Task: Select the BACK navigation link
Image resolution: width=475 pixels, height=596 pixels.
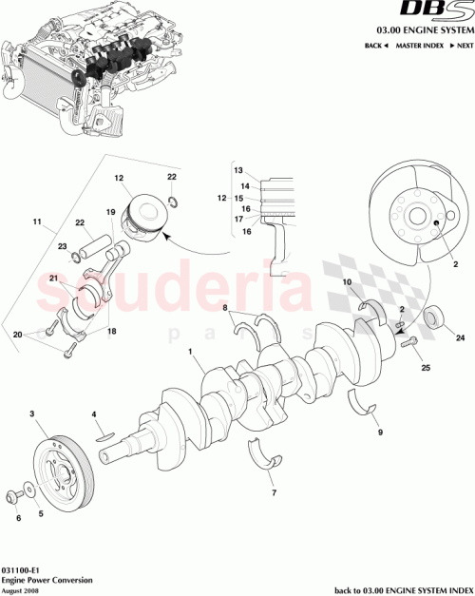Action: [x=375, y=46]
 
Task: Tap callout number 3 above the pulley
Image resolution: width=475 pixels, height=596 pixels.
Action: [x=33, y=414]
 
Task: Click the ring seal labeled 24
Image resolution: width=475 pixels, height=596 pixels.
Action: [x=436, y=317]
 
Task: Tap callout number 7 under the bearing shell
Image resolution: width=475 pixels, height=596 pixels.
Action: [x=273, y=494]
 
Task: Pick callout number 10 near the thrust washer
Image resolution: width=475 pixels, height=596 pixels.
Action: [x=347, y=281]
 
